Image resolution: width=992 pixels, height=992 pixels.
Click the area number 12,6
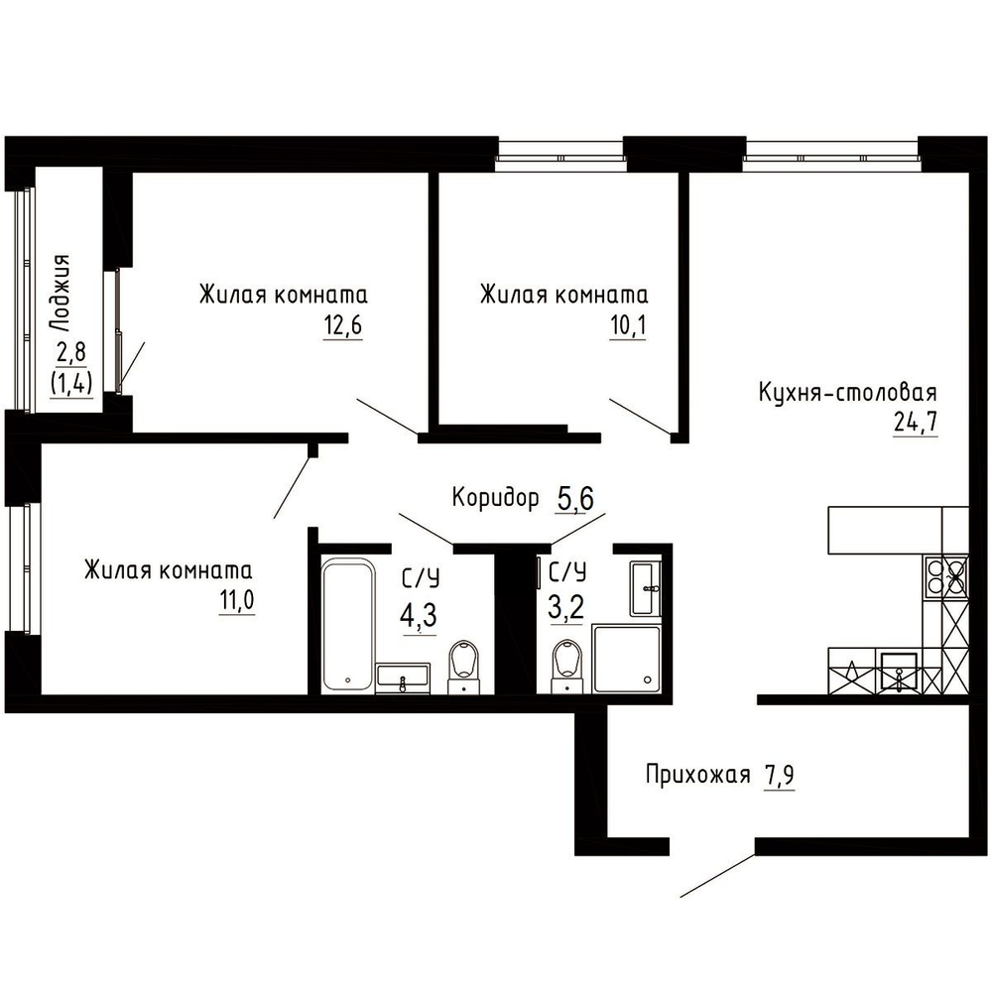(x=343, y=325)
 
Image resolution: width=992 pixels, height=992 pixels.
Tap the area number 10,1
(x=628, y=325)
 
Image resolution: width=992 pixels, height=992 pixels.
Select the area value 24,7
(x=915, y=422)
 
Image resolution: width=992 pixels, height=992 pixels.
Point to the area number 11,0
(x=237, y=600)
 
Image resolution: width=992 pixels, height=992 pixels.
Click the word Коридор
(x=495, y=499)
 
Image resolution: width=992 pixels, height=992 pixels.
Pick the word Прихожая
(x=697, y=775)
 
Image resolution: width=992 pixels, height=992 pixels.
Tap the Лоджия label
(x=61, y=294)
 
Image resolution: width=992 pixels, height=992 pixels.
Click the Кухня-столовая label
(x=848, y=392)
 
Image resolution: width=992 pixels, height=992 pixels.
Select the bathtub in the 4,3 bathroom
(x=347, y=624)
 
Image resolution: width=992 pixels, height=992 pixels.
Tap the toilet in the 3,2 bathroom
(x=566, y=667)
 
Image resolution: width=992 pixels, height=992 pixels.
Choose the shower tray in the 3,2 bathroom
(x=626, y=659)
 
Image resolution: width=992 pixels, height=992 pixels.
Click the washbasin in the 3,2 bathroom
(x=646, y=587)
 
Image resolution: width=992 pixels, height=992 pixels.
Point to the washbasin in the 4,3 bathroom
(x=403, y=679)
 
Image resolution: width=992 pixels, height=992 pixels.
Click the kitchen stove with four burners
(x=946, y=576)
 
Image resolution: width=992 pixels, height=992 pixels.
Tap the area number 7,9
(x=779, y=776)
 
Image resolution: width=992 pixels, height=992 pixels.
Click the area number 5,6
(x=575, y=499)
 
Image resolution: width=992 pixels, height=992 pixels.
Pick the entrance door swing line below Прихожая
(x=717, y=876)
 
